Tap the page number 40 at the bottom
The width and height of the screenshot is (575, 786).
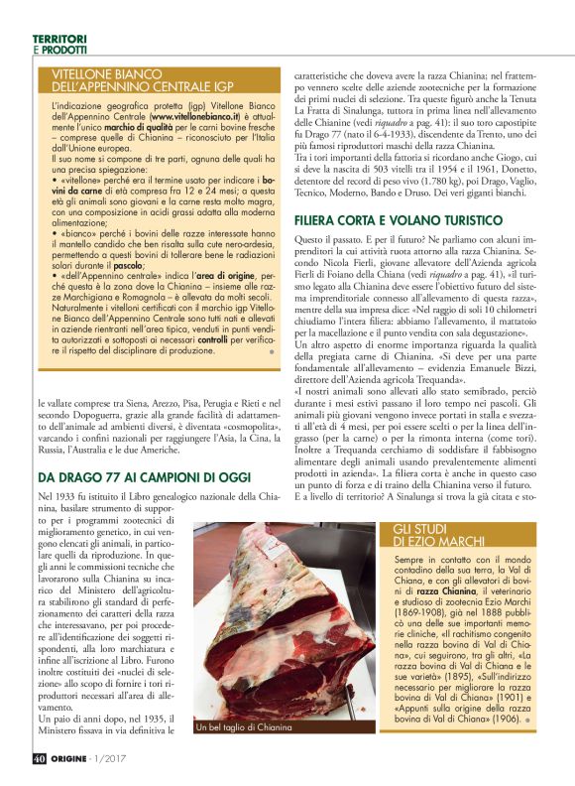click(x=38, y=760)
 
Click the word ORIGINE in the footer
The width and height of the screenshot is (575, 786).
click(x=74, y=760)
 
